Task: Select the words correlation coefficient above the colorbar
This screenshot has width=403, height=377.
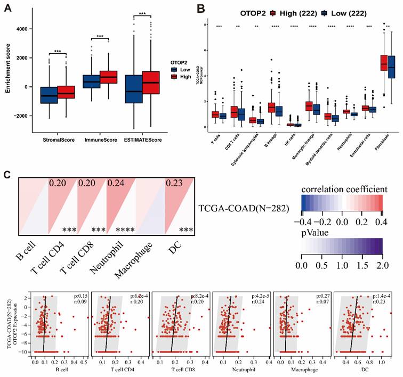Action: point(343,190)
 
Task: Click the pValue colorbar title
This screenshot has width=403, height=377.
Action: point(317,233)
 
